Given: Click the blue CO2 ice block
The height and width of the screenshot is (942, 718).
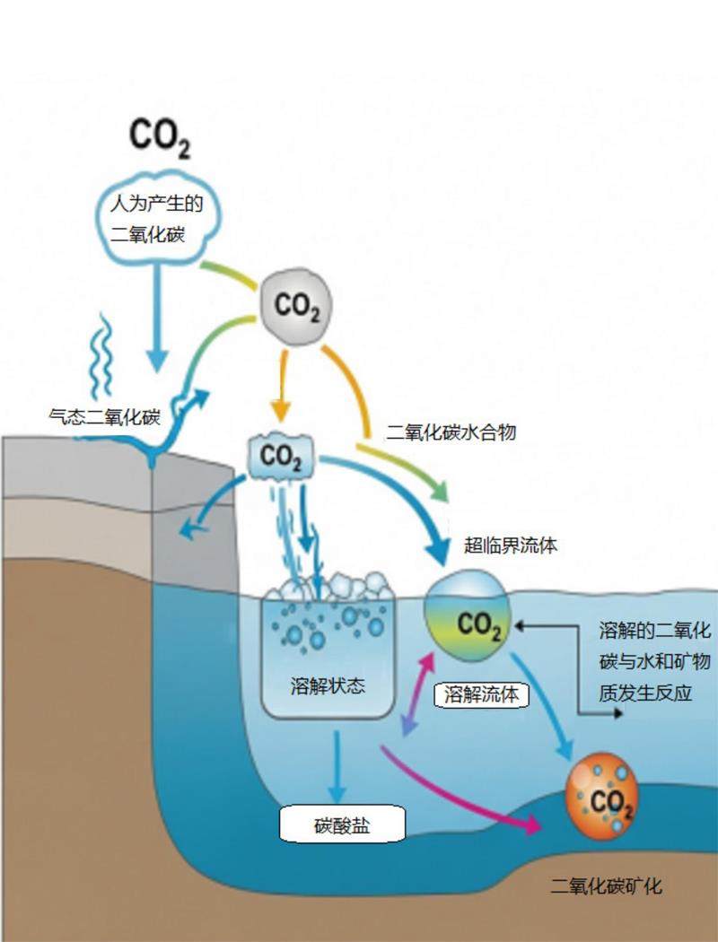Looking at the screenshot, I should coord(280,457).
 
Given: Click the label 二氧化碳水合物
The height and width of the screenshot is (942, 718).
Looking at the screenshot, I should coord(451,432).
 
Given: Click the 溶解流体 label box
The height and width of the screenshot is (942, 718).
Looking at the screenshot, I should coord(481,693).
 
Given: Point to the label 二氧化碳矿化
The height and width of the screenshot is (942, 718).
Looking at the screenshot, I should coord(607,886).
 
